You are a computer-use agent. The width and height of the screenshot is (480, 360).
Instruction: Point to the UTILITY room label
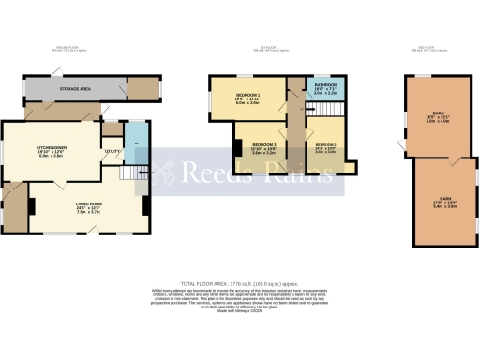pyautogui.click(x=111, y=151)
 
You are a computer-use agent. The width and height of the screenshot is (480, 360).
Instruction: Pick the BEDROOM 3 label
pyautogui.click(x=262, y=146)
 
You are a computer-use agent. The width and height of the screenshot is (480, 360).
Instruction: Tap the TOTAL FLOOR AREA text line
pyautogui.click(x=239, y=282)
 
